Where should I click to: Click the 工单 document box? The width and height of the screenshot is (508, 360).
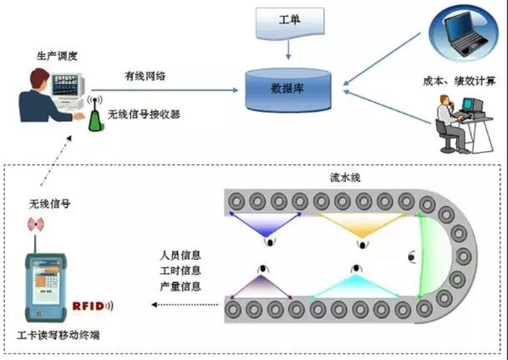[290, 22]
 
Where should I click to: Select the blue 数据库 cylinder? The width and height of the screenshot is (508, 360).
[288, 90]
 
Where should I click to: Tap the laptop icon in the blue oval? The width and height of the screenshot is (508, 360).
[466, 35]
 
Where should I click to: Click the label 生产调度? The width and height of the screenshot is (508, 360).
[57, 56]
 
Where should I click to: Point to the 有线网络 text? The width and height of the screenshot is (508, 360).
[145, 75]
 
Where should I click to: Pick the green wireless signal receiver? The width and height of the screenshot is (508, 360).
[95, 114]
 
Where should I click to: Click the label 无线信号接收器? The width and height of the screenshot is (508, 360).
[144, 114]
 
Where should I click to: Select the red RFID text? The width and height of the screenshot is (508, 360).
[92, 306]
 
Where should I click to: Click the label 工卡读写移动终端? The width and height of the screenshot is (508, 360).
[58, 335]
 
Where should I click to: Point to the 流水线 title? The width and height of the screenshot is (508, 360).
[345, 177]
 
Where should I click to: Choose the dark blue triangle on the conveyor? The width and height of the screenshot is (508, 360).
[266, 224]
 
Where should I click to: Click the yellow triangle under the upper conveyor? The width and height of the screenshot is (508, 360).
[362, 224]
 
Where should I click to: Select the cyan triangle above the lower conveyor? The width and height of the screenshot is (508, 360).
[356, 286]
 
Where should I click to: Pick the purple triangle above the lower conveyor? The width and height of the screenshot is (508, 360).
[261, 287]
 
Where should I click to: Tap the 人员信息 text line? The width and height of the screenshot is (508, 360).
[181, 255]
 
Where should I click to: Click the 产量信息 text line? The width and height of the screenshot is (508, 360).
[181, 286]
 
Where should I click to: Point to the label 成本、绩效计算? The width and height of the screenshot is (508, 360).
[459, 81]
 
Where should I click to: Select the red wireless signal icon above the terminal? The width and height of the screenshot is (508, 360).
[36, 224]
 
